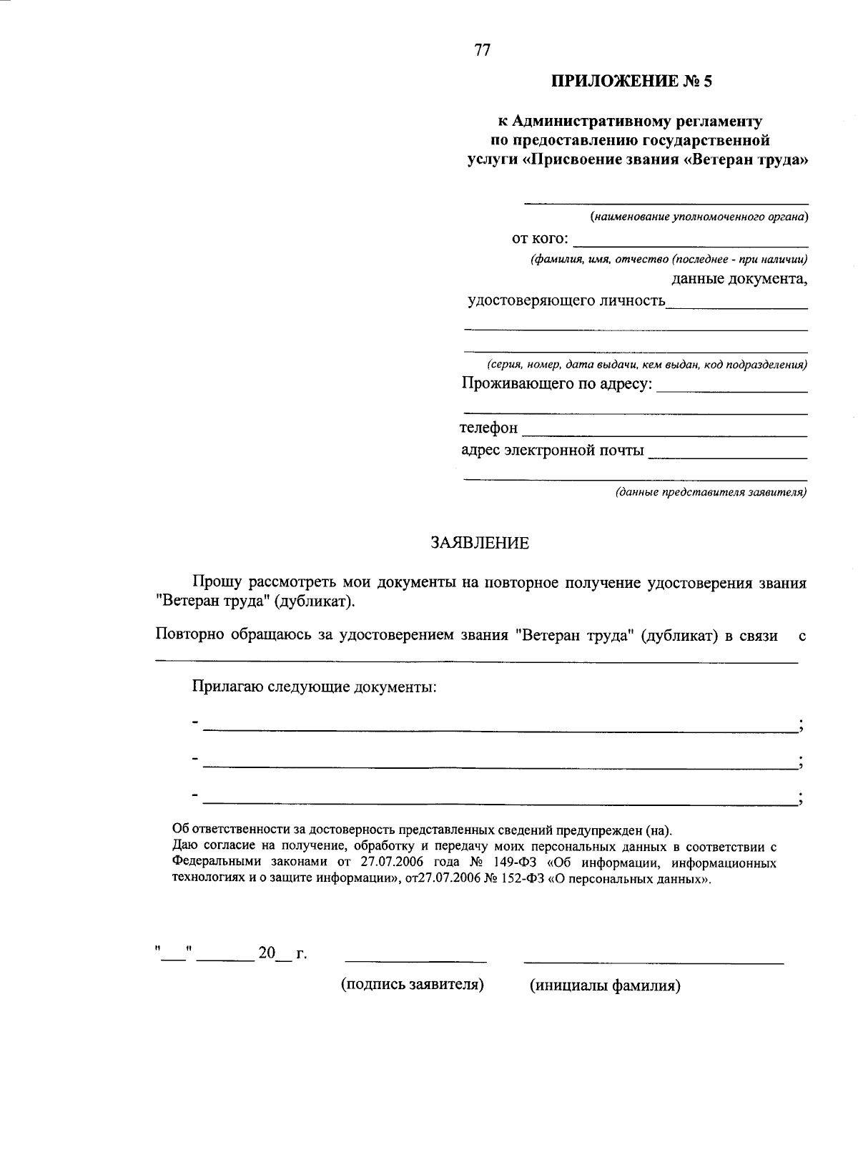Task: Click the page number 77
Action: pos(482,50)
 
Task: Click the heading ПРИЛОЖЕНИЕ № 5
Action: pos(631,82)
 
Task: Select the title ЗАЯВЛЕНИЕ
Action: pos(480,543)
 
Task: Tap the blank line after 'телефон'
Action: pos(665,432)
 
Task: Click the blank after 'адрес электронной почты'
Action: pos(727,454)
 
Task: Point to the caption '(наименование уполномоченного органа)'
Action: pos(699,216)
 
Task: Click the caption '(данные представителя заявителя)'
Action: pos(711,492)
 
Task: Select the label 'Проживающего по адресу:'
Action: pos(557,384)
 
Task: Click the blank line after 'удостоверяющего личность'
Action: pos(736,304)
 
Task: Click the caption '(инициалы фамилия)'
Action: pos(605,986)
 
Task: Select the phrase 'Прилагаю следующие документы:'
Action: pos(314,687)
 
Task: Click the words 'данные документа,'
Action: pos(739,279)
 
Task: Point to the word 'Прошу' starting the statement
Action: pos(217,583)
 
